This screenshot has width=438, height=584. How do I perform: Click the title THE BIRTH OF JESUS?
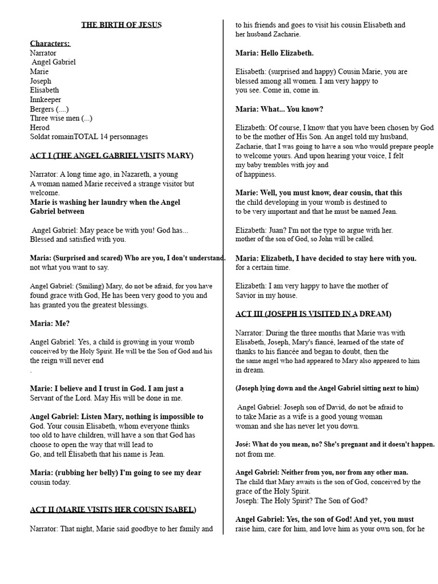pos(121,25)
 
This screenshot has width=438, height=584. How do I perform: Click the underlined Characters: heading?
pos(50,43)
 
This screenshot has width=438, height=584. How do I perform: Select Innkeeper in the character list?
pos(46,99)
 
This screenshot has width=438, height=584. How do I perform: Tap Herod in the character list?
pos(40,127)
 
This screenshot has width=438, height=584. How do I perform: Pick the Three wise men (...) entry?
pos(61,118)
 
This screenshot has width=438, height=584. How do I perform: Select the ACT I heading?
pos(111,155)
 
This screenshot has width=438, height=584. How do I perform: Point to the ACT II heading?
pos(113,509)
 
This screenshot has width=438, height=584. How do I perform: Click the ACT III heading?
pos(313,314)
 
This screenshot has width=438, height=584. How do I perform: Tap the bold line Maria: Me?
pos(50,323)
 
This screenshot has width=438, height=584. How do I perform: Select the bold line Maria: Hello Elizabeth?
pos(274,53)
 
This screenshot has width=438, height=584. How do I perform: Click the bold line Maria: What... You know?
pos(279,109)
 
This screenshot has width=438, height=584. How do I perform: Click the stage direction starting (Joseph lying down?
pos(327,388)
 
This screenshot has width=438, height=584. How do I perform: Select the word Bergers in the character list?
pos(43,108)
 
